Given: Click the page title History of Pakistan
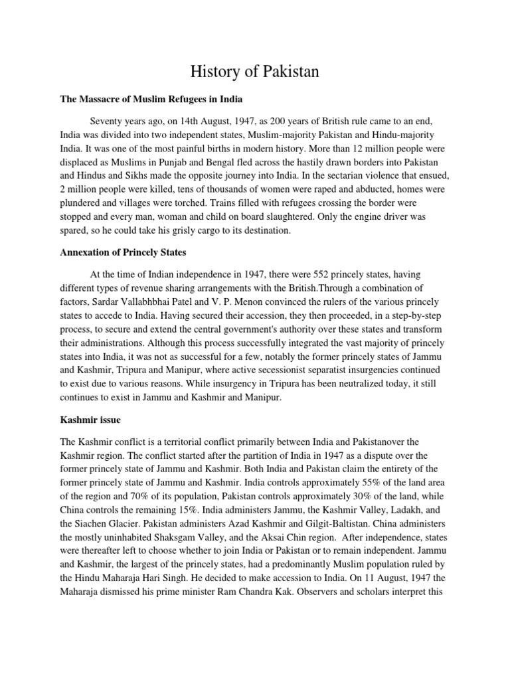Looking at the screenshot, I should click(x=255, y=71).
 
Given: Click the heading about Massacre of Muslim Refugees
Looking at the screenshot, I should click(x=152, y=99).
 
